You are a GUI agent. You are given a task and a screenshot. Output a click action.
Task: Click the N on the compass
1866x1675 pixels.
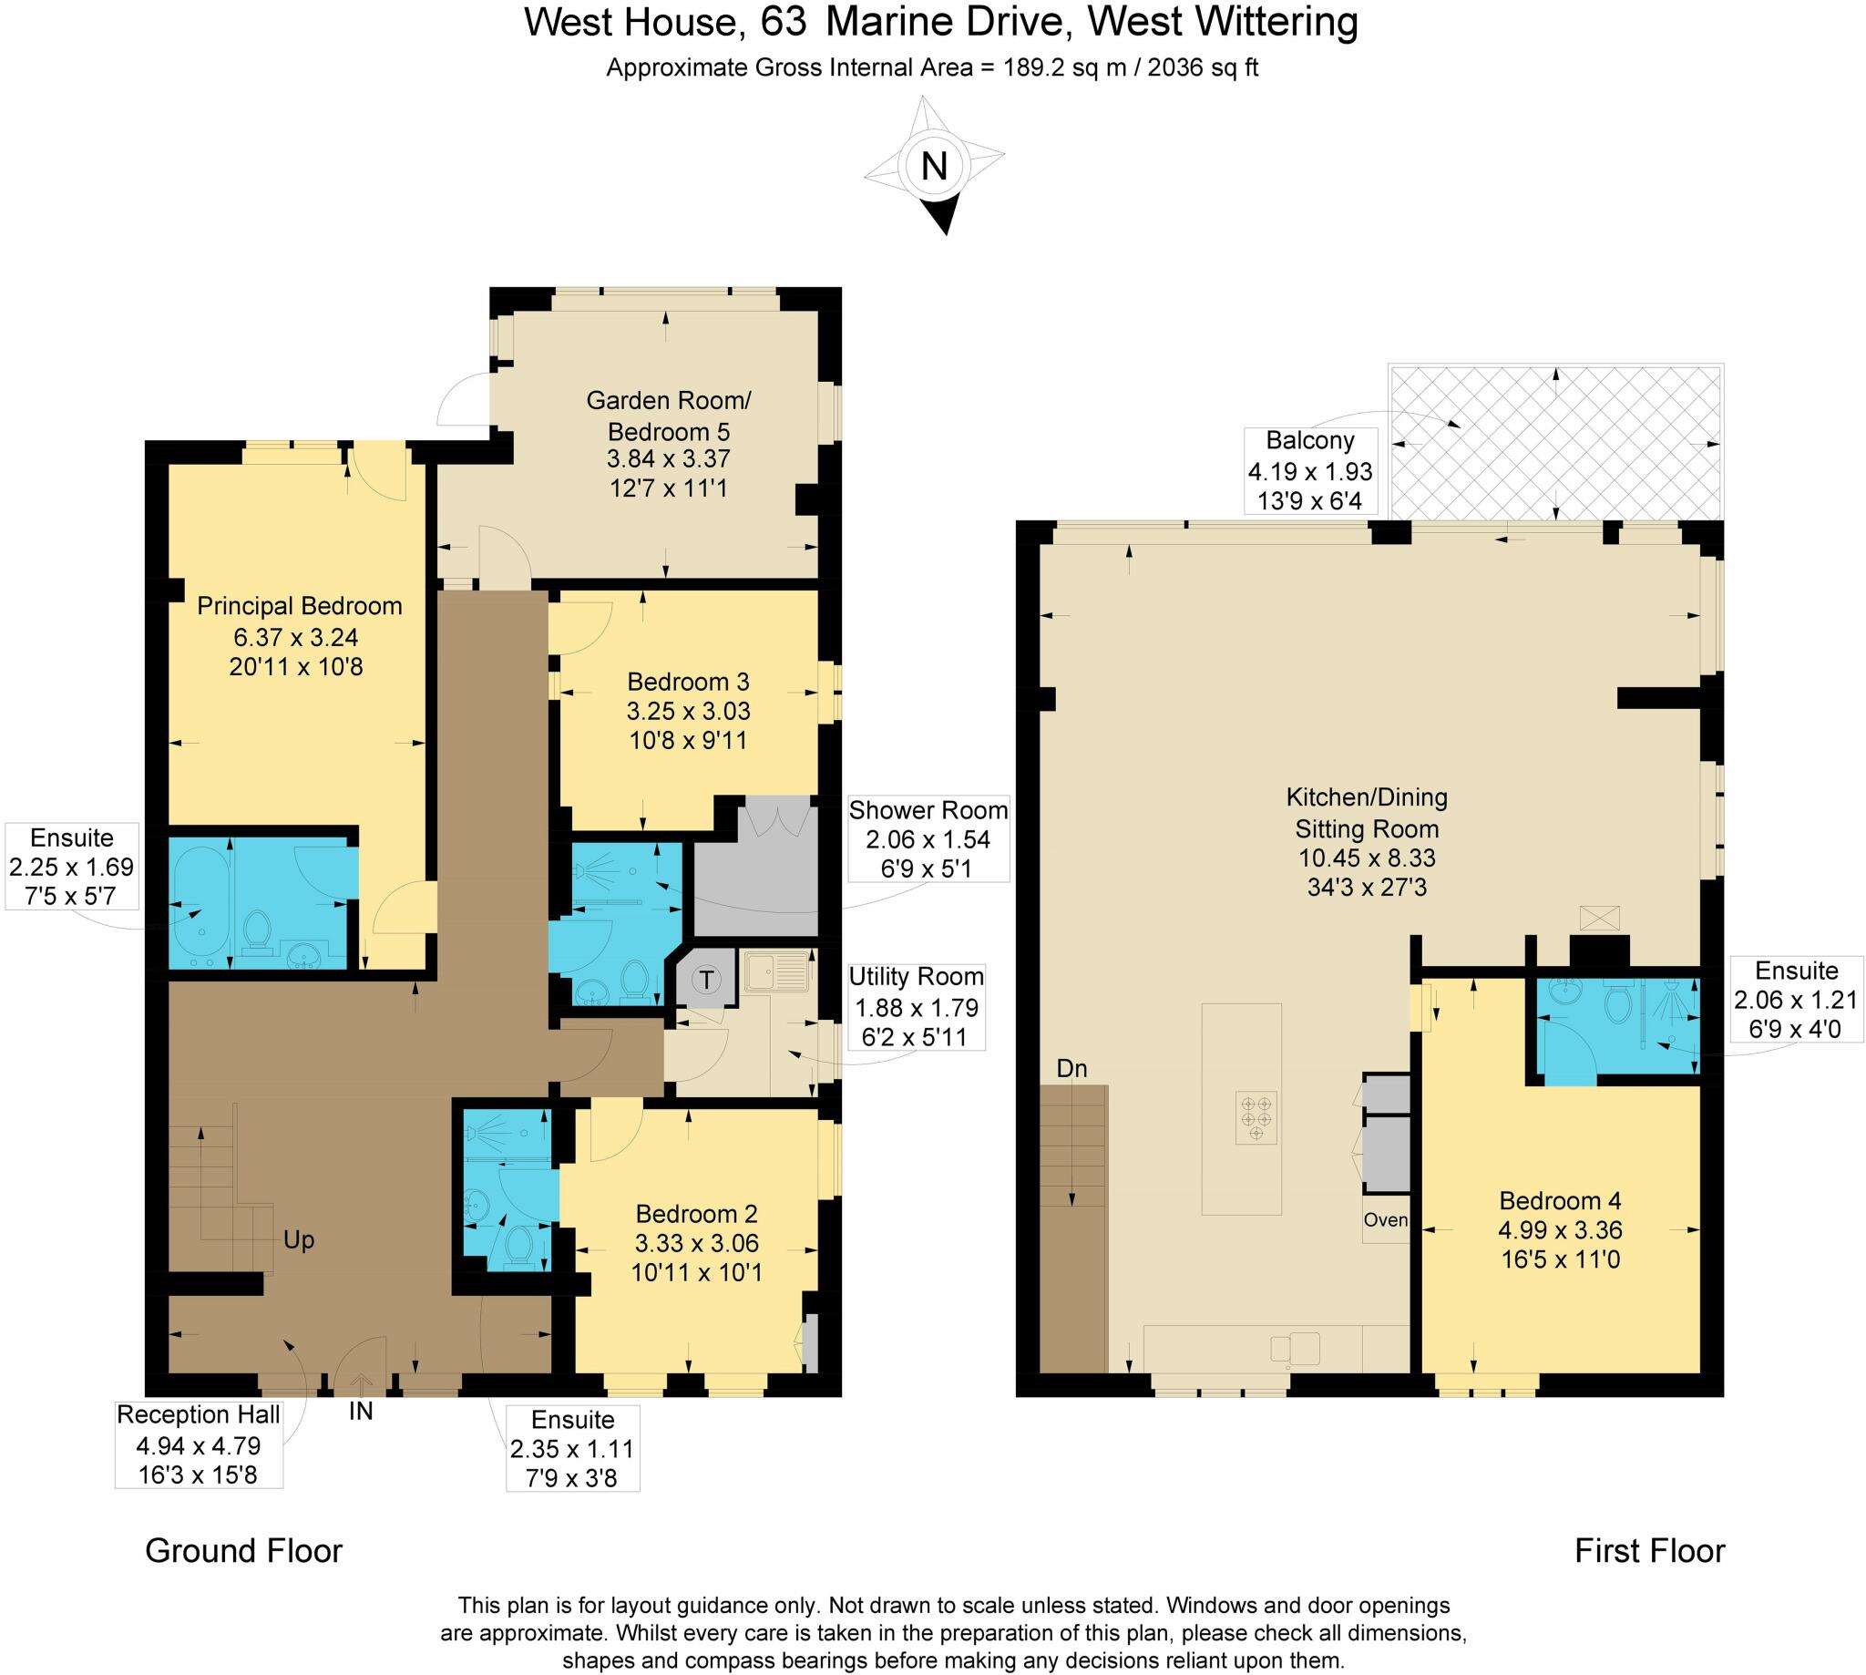(934, 167)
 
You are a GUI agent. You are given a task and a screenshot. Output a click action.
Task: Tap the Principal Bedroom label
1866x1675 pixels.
(300, 606)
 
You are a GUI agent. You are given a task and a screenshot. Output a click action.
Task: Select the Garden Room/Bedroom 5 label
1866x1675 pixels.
(669, 416)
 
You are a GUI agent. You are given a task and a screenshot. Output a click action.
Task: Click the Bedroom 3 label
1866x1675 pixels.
(688, 681)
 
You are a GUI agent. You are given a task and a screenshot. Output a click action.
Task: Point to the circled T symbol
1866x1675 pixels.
(707, 980)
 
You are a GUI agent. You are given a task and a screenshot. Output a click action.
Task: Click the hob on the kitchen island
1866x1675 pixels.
(1256, 1118)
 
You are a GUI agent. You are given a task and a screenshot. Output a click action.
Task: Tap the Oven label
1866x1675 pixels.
(1386, 1219)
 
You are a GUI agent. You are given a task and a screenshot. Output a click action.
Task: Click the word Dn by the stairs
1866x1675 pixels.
(1071, 1068)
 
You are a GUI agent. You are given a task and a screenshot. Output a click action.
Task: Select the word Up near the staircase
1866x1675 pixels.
(299, 1240)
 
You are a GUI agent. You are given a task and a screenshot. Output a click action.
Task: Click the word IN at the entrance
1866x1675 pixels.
(361, 1411)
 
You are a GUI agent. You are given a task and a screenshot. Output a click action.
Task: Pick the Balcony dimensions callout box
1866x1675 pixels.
(1310, 470)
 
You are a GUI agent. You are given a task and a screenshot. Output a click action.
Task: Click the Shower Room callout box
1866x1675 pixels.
(928, 838)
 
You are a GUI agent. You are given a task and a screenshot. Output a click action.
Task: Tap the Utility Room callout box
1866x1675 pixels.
(916, 1006)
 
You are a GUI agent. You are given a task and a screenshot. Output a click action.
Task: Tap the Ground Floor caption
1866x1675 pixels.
(244, 1551)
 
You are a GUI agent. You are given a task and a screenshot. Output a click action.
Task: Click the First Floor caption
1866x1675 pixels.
(1650, 1551)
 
